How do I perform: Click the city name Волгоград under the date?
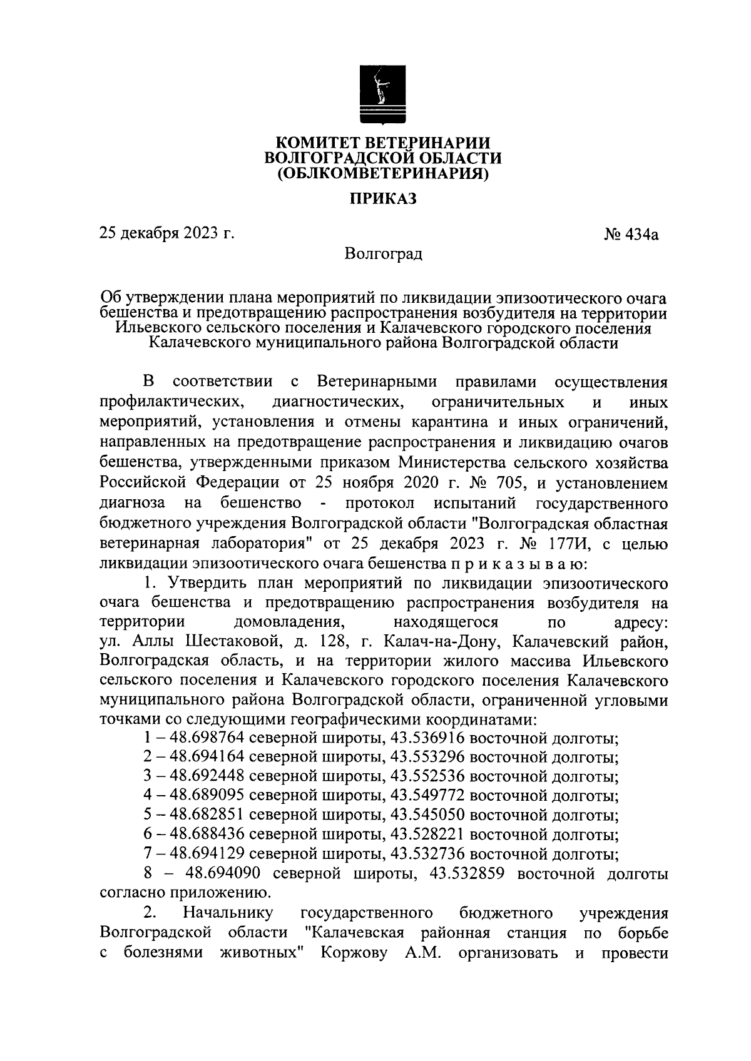[x=383, y=254]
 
